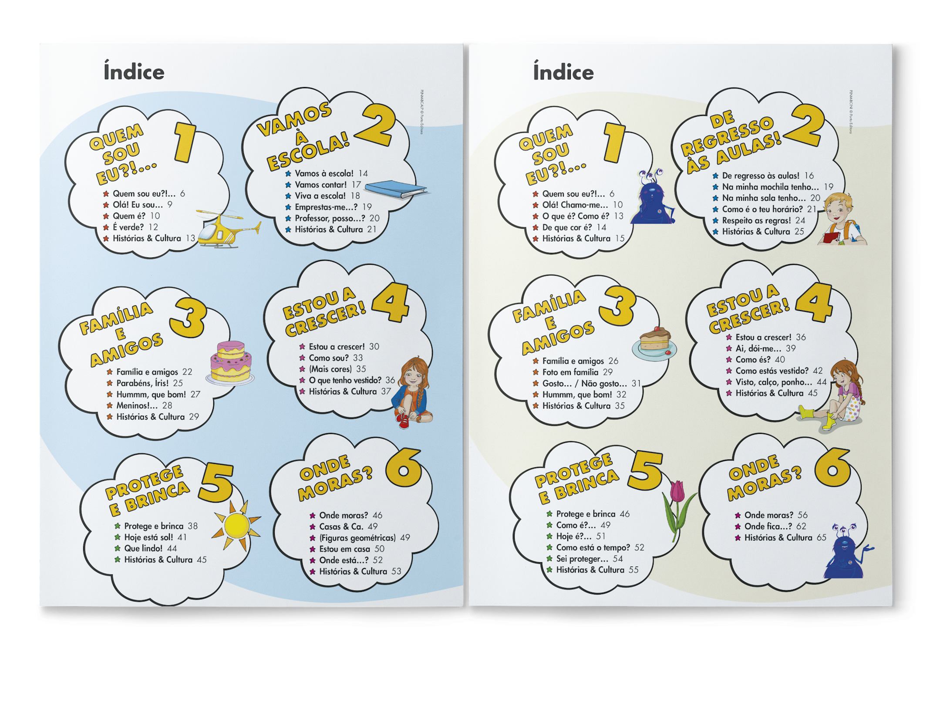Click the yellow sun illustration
point(236,525)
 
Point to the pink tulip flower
point(677,509)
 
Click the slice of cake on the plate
point(654,344)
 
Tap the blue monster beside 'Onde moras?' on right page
point(846,551)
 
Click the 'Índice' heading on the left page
point(134,71)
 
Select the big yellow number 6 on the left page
point(403,467)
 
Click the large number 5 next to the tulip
point(645,471)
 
